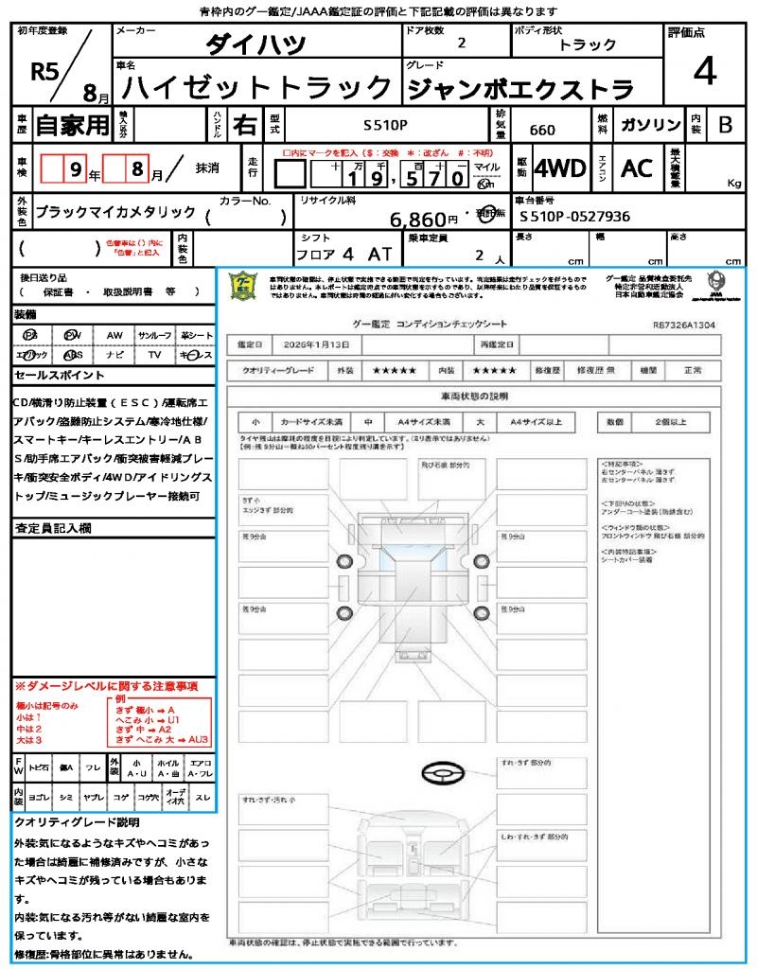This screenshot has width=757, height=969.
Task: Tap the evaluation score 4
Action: tap(703, 72)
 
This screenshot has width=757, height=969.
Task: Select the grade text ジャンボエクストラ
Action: tap(519, 90)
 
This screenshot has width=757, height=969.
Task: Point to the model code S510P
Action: tap(386, 125)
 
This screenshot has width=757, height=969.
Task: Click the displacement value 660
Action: tap(542, 130)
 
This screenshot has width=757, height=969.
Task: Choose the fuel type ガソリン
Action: tap(650, 125)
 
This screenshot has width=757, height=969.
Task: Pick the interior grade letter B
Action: tap(725, 125)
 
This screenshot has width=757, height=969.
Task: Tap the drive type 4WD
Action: tap(560, 168)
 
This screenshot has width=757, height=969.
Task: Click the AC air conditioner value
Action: tap(637, 168)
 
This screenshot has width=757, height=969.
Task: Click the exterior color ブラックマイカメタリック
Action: tap(115, 212)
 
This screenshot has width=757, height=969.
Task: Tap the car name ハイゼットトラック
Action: tap(257, 89)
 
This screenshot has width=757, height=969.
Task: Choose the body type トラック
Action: tap(587, 44)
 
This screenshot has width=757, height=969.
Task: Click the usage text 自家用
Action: tap(72, 124)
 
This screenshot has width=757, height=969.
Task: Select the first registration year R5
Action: tap(44, 72)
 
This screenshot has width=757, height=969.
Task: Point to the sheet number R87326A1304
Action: tap(683, 324)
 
